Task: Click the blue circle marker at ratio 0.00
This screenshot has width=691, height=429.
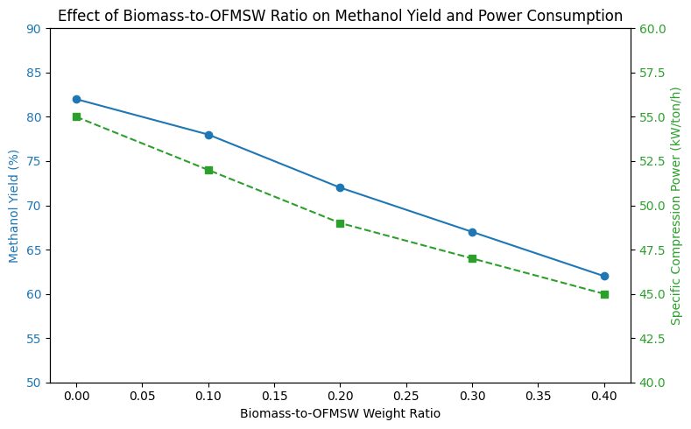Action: (76, 99)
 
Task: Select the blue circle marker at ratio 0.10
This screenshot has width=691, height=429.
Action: (208, 135)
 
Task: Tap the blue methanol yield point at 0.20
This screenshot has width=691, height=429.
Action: (340, 187)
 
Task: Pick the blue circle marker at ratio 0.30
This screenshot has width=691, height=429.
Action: (472, 232)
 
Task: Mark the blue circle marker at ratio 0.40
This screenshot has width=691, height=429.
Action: (604, 276)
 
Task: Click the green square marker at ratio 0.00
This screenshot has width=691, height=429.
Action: (76, 116)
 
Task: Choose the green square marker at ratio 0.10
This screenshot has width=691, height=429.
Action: (208, 170)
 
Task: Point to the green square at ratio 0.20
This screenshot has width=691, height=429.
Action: (340, 223)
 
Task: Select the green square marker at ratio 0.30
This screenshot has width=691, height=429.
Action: (472, 258)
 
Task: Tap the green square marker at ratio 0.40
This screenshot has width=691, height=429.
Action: (604, 294)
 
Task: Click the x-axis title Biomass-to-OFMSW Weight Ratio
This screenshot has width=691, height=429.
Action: (340, 413)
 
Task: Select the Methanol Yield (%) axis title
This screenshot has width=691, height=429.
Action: (14, 206)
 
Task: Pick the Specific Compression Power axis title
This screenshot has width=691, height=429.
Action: (675, 206)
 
